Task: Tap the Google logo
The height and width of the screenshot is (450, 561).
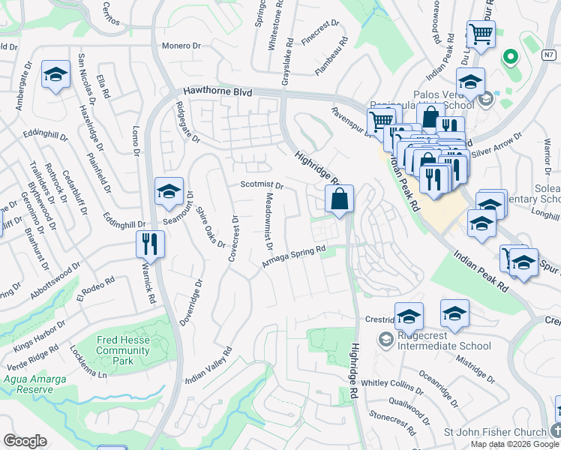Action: [25, 441]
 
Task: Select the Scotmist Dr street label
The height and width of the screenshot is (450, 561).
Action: [262, 185]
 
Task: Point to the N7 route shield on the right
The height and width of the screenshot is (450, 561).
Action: [550, 55]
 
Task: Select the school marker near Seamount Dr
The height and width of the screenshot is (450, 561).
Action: [169, 191]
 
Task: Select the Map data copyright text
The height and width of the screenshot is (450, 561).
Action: [515, 443]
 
